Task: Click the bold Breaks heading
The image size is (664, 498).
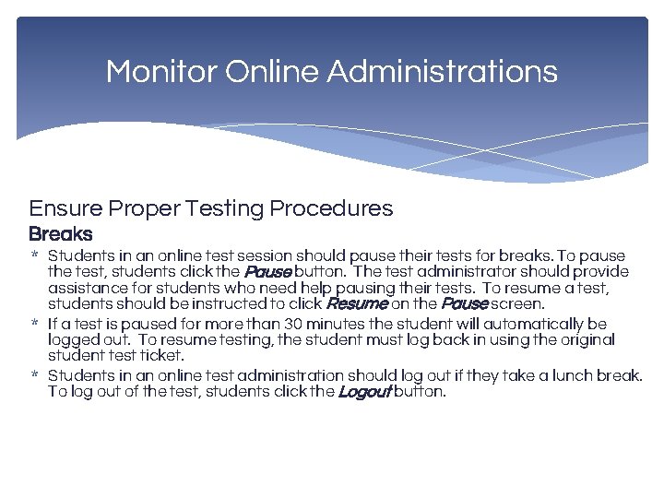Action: point(61,234)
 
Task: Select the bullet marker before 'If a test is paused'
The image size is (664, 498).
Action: point(34,325)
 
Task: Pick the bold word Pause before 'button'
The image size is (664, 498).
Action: point(267,272)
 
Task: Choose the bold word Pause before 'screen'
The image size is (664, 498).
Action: point(464,303)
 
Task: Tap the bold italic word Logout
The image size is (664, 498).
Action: point(364,392)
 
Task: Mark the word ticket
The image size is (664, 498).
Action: point(163,355)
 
